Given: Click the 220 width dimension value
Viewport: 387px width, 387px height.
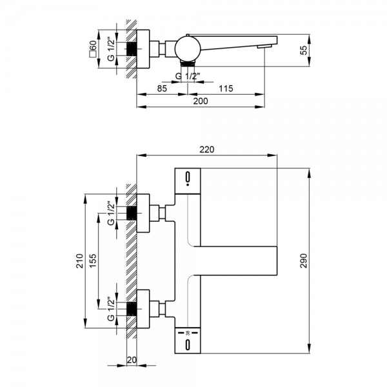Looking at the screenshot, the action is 207,150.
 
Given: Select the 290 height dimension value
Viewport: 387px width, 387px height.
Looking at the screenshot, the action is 303,261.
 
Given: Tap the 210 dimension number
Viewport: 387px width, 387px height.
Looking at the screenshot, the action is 80,261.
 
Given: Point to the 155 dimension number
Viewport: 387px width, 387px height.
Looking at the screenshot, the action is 93,261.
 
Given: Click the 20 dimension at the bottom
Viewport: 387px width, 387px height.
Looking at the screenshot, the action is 132,360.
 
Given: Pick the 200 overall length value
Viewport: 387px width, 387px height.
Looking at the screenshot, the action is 201,101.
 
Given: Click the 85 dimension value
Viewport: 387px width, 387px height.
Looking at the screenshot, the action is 162,88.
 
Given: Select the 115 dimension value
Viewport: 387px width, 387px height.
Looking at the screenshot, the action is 226,88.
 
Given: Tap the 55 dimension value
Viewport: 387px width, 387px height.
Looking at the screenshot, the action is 304,50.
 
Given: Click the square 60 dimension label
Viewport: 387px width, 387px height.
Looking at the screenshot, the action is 93,49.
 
